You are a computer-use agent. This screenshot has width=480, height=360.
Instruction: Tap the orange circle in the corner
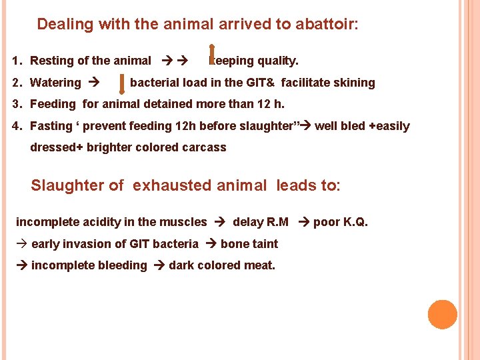(443, 315)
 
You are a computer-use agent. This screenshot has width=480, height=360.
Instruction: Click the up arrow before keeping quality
(212, 54)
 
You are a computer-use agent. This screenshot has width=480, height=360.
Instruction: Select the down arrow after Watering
(121, 83)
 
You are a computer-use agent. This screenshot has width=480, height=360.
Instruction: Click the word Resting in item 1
(52, 61)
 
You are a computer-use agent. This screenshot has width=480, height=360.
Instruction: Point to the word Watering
(55, 83)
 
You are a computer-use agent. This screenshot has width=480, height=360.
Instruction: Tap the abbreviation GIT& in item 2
(257, 83)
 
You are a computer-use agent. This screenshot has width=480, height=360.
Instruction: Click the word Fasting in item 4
(51, 126)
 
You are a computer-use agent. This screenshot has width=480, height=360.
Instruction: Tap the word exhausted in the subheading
(175, 185)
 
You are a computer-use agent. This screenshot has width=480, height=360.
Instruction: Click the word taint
(264, 244)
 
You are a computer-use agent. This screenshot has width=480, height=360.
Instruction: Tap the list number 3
(15, 104)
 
